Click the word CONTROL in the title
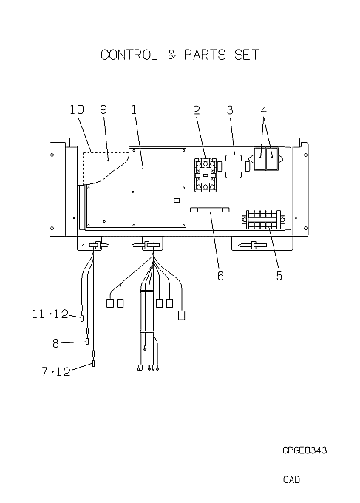(x=129, y=55)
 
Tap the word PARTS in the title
(x=205, y=55)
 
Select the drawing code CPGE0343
(x=305, y=450)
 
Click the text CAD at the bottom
(x=291, y=479)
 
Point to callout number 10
(x=77, y=109)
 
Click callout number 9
(x=103, y=109)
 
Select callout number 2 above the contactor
(x=197, y=110)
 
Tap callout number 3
(x=230, y=110)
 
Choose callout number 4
(x=263, y=110)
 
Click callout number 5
(x=279, y=276)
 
